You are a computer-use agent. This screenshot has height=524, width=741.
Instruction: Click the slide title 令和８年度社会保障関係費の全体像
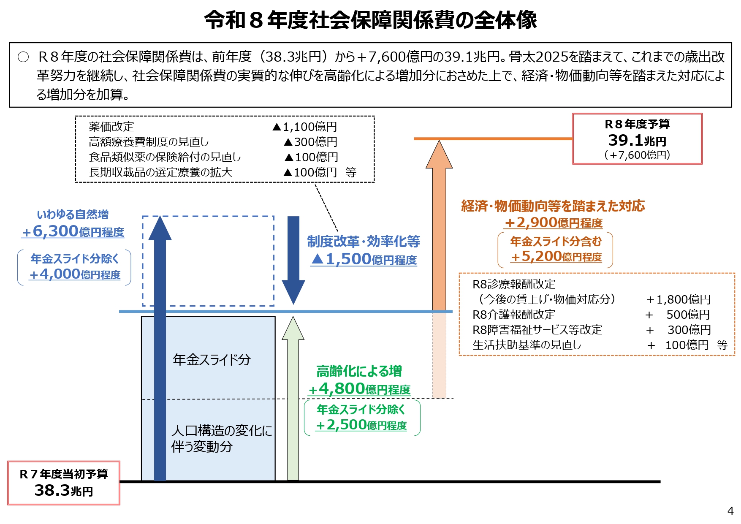[370, 20]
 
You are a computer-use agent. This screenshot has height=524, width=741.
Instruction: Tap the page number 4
[730, 510]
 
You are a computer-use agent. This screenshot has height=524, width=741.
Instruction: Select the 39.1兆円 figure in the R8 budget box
[637, 140]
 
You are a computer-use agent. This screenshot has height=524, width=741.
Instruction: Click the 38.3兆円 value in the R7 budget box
[63, 490]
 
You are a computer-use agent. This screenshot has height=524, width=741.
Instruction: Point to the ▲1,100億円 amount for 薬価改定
[305, 127]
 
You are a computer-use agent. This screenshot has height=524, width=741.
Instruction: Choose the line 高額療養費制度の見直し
[149, 142]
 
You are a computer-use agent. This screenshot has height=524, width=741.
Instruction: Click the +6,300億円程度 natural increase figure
[73, 231]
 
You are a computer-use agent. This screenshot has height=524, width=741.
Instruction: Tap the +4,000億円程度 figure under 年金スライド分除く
[75, 274]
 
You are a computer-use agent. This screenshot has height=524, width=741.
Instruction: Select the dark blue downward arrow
[293, 258]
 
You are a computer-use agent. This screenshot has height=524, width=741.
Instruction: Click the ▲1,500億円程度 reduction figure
[364, 259]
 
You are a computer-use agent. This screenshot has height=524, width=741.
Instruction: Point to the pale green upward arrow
[293, 401]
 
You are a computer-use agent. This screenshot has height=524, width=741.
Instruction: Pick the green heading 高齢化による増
[359, 371]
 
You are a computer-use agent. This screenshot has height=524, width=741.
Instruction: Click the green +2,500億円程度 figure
[361, 425]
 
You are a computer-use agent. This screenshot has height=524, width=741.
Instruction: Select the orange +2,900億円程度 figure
[554, 223]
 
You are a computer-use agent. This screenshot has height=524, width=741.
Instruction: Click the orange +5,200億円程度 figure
[556, 256]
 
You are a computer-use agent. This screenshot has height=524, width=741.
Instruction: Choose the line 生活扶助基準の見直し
[527, 345]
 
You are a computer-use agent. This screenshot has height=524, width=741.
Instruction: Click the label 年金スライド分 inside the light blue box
[212, 360]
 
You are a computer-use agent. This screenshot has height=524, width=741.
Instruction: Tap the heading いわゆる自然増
[73, 214]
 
